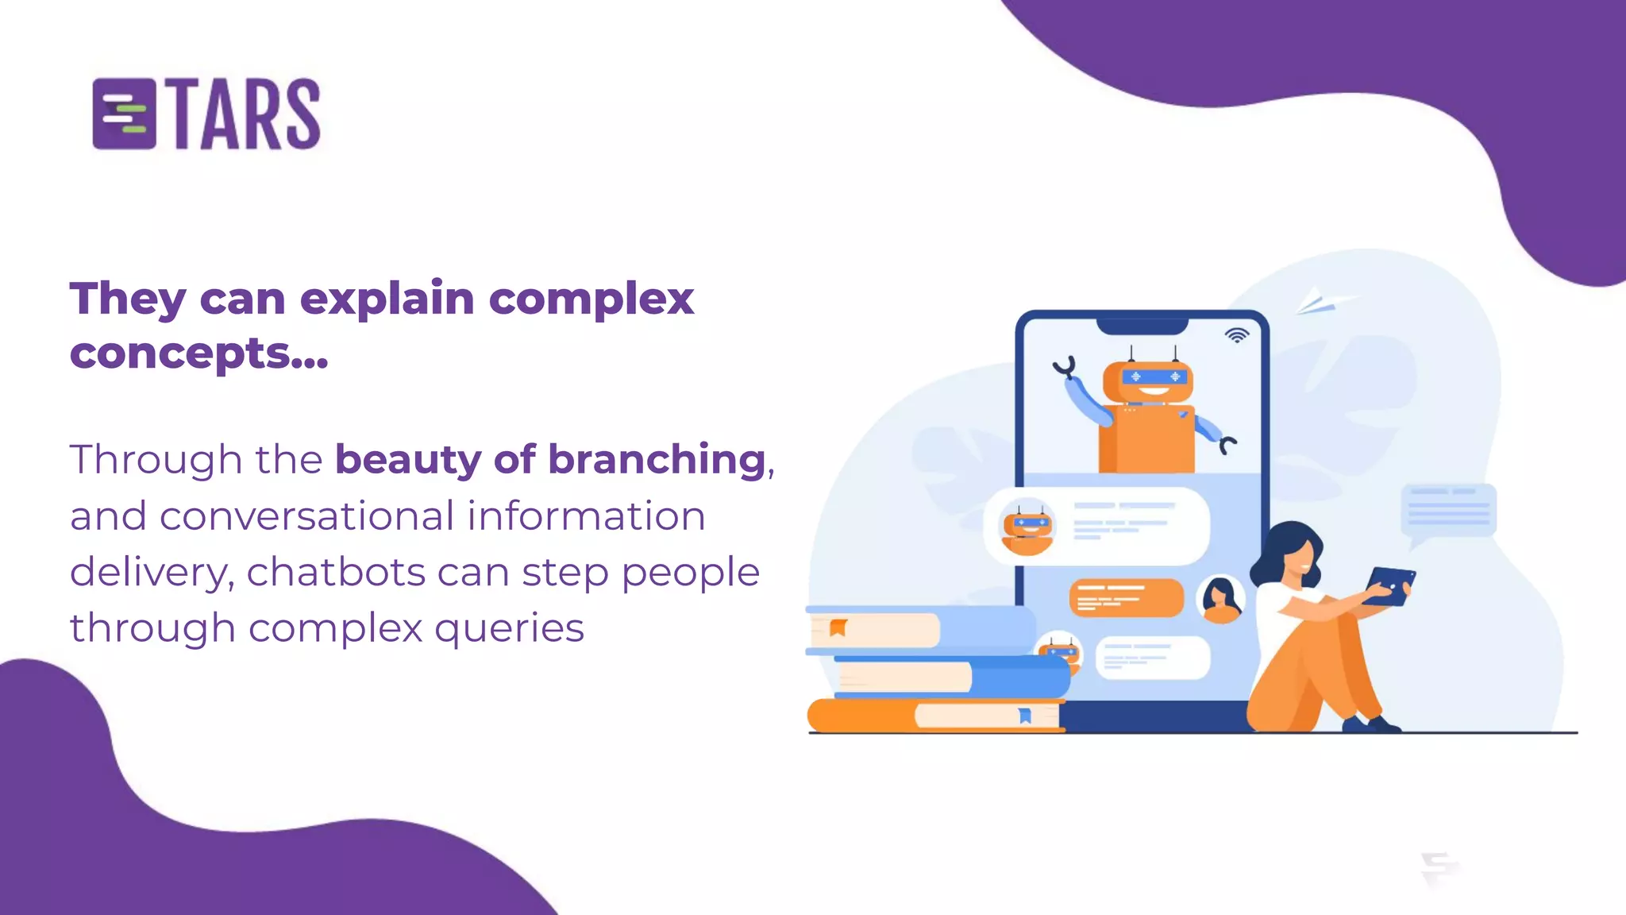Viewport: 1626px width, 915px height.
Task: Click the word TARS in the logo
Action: click(x=246, y=114)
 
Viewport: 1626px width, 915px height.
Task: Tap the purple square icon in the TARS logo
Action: click(x=124, y=114)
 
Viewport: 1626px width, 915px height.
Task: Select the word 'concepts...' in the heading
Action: click(x=198, y=353)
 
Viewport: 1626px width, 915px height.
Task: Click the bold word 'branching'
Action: click(x=657, y=460)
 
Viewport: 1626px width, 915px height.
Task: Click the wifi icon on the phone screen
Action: click(x=1236, y=335)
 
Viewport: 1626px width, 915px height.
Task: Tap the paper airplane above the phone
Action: click(x=1322, y=302)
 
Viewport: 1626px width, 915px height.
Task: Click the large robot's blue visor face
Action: click(x=1154, y=376)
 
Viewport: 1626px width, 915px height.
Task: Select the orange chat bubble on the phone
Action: click(x=1126, y=597)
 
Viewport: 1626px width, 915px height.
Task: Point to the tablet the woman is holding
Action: click(x=1389, y=585)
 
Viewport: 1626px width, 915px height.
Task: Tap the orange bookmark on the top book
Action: click(x=838, y=628)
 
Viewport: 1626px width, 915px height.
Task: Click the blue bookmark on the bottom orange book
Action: click(x=1025, y=716)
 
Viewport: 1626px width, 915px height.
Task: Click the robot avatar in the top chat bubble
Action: click(x=1027, y=527)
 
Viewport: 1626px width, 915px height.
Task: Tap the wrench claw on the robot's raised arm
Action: click(x=1065, y=367)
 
